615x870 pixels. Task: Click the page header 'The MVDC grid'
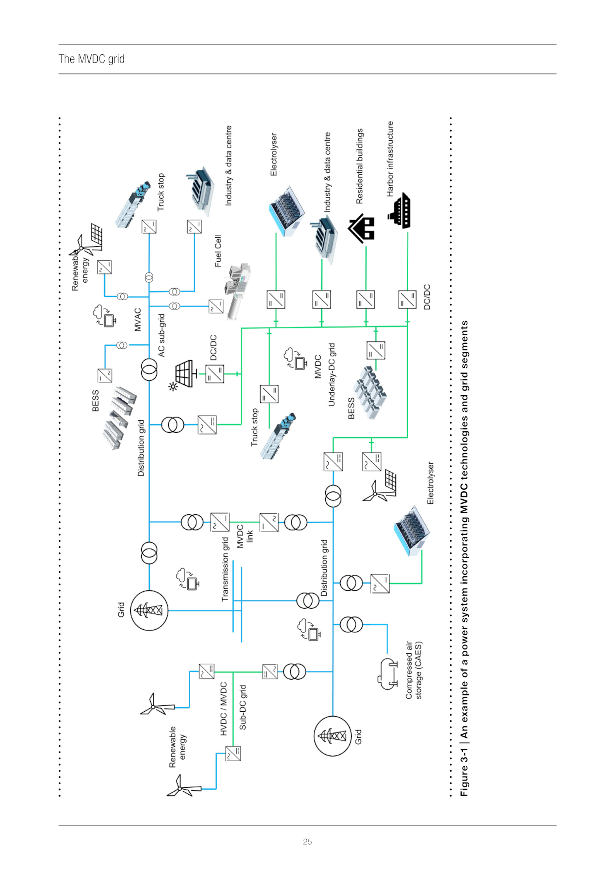coord(91,59)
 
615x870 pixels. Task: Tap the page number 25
coord(307,842)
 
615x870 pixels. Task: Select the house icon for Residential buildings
coord(362,229)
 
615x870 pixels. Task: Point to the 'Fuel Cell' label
coord(218,251)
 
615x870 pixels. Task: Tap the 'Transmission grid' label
coord(225,569)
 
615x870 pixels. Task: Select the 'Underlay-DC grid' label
coord(332,374)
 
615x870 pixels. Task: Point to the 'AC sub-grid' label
coord(161,335)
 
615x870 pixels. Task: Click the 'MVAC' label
coord(138,319)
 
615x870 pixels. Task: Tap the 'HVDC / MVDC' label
coord(224,709)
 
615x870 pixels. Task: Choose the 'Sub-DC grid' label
coord(243,707)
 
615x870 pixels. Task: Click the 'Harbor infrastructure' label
coord(390,159)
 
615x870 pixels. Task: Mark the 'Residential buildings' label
coord(359,166)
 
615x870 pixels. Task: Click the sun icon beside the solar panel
coord(173,386)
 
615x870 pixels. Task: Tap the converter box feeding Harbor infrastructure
coord(407,299)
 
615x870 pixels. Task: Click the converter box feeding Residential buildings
coord(366,299)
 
